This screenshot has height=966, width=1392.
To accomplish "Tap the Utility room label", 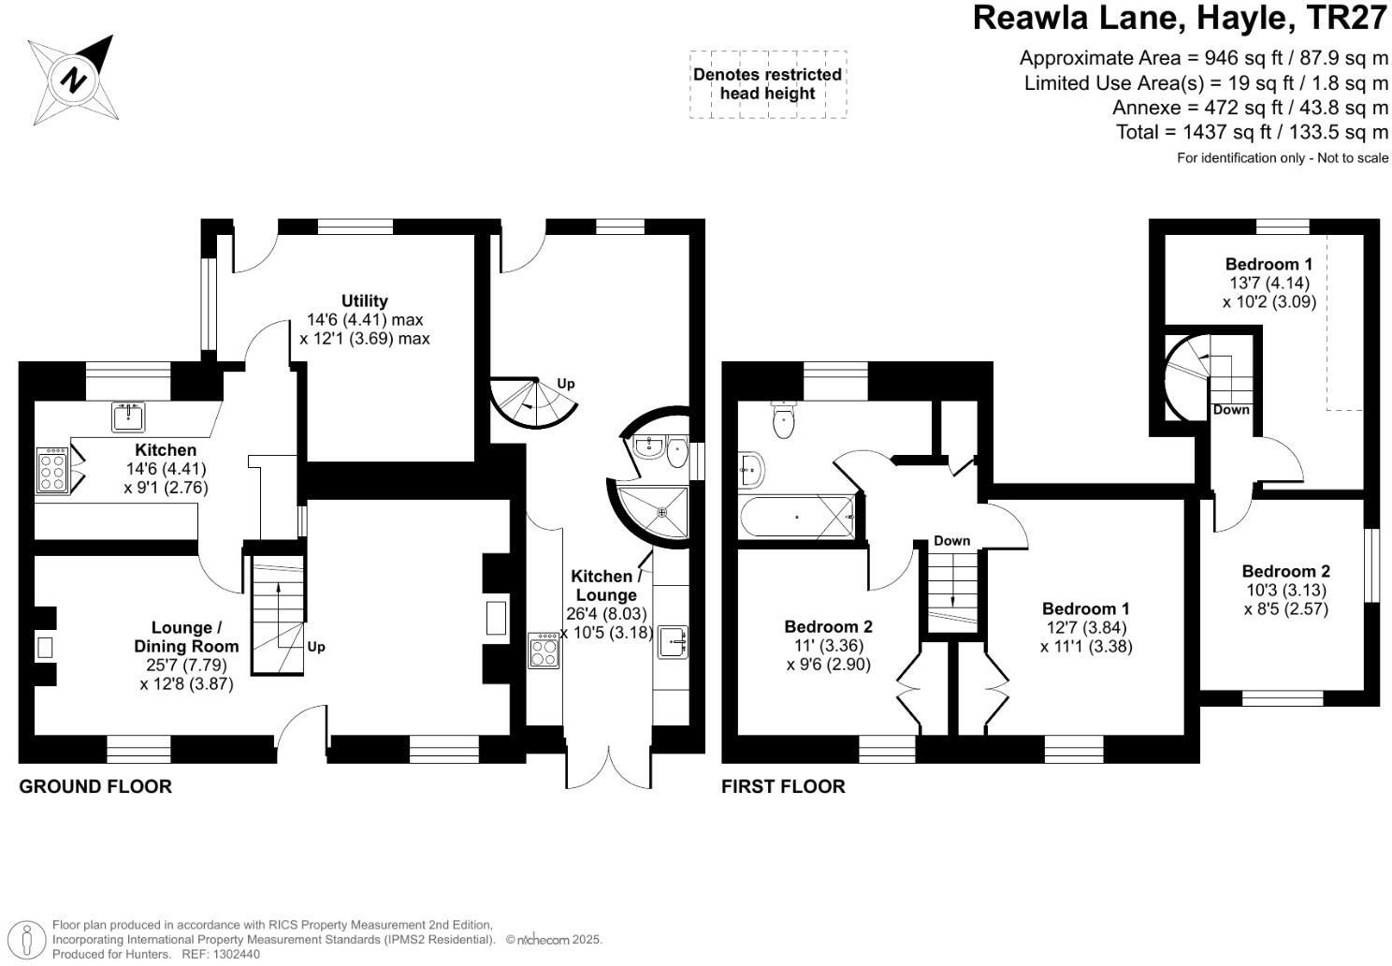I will coord(364,300).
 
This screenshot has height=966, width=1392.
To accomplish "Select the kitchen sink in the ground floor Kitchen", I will coord(127,416).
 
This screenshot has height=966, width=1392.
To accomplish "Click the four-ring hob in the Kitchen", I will coord(51,470).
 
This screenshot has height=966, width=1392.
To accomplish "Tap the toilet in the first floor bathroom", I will coord(784,421).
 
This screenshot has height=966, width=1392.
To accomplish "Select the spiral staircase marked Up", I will coord(531,401).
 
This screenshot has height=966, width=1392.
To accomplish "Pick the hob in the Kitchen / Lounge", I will coord(543,650).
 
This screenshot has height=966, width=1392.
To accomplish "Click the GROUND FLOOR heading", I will coord(95,786).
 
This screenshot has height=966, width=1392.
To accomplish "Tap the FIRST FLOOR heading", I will coord(783,786).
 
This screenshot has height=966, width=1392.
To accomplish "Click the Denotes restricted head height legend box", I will coord(767,84).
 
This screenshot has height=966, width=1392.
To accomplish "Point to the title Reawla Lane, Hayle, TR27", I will coord(1180,18).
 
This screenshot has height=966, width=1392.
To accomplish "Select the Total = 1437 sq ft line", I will coord(1252,132).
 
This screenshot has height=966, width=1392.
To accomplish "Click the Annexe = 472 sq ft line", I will coord(1250,108).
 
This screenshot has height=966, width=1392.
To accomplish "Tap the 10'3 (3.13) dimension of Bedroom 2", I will coord(1285,590).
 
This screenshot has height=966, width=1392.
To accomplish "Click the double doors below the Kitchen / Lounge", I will coord(608,768).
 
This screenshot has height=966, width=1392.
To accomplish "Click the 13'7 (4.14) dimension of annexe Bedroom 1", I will coord(1269,283).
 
